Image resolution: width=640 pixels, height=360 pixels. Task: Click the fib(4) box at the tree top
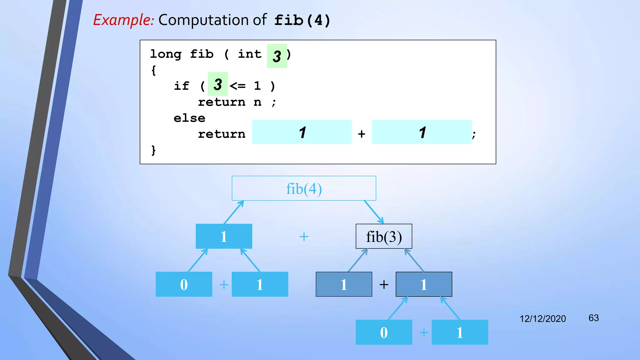coord(304,188)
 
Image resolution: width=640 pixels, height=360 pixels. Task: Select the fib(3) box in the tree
coord(384,237)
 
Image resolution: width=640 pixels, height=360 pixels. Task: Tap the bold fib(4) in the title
coord(302,21)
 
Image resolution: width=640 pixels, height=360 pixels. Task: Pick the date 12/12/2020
coord(542,319)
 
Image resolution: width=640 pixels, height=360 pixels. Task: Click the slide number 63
coord(593,318)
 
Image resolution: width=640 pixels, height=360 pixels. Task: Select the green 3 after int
coord(277,56)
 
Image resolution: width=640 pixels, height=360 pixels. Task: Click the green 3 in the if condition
coord(218,84)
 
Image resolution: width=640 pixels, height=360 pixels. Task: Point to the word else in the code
coord(189,118)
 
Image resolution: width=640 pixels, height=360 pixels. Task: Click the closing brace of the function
coord(153,150)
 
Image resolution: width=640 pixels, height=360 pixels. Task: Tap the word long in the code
coord(166,54)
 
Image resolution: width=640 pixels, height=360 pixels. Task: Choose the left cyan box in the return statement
coord(302,132)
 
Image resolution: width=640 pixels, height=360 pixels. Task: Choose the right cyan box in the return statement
coord(422,132)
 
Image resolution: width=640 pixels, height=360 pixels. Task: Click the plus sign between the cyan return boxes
coord(362,134)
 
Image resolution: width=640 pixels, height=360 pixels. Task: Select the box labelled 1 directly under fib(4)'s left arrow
coord(224,237)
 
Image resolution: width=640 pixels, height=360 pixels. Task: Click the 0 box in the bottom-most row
coord(384,332)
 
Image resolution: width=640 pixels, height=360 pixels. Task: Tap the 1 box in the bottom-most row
coord(460,332)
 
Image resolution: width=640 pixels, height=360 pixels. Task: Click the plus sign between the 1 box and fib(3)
coord(304,237)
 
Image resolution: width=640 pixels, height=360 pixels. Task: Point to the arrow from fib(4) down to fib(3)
coord(374,212)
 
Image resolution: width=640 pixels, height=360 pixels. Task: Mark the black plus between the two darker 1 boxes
coord(384,285)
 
